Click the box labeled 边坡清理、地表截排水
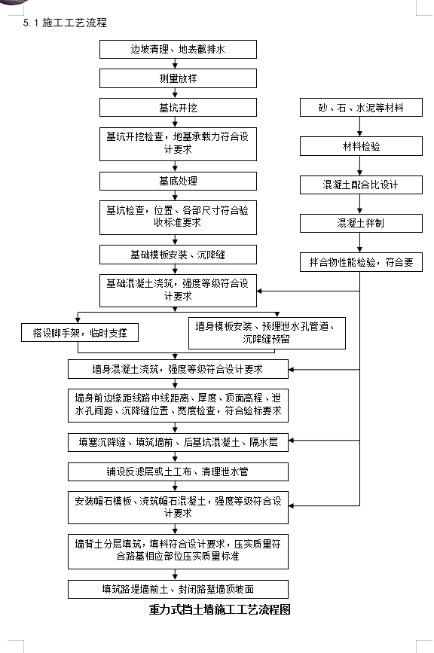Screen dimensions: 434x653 point(178,49)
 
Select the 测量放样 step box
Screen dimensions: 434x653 point(178,78)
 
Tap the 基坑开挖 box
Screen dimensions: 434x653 point(178,108)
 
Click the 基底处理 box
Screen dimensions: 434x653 point(178,182)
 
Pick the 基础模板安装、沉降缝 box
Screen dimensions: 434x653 point(178,255)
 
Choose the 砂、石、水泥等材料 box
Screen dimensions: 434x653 point(361,108)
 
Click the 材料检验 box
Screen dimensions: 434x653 point(361,146)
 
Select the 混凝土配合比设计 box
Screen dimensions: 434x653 point(361,185)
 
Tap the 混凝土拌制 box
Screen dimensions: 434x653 point(361,223)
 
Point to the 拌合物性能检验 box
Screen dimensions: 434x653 point(361,262)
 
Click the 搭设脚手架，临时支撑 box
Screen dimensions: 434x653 point(80,333)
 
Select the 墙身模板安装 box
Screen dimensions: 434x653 point(267,333)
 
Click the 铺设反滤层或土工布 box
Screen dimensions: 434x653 point(178,471)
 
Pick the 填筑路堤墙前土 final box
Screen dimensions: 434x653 point(178,589)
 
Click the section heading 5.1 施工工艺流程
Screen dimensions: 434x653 point(65,23)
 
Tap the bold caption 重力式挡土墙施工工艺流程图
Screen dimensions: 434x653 point(219,609)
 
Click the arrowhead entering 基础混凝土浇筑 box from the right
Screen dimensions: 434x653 point(259,291)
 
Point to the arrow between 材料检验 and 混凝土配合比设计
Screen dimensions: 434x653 point(360,166)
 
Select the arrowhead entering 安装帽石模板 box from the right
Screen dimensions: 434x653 point(291,506)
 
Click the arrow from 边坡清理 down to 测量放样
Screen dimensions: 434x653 point(175,64)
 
